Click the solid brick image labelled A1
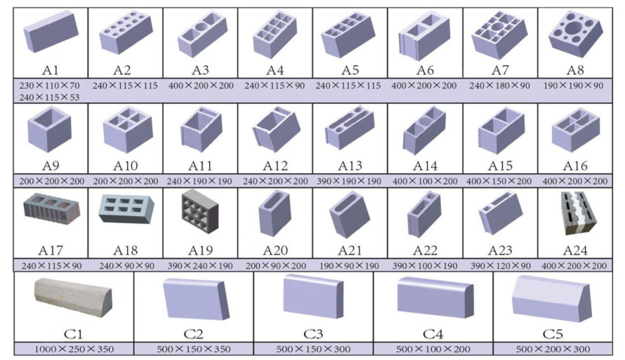51,32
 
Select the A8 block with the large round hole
574,34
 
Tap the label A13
350,166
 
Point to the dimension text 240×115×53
49,97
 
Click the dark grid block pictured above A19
200,212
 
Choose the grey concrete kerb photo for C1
73,298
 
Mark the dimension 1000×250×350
74,349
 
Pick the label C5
553,334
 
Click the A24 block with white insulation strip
579,213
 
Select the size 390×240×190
200,266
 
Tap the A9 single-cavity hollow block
49,129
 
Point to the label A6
425,70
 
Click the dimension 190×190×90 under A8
573,85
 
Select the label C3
313,334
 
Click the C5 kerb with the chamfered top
552,298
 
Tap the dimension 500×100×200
433,349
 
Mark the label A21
350,251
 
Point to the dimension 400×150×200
499,181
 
